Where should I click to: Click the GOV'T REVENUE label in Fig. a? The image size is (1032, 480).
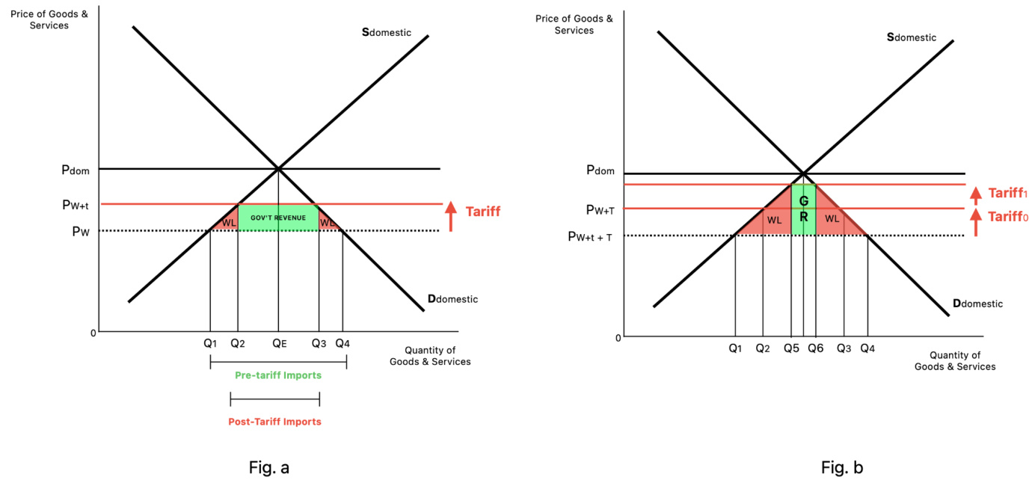(x=278, y=218)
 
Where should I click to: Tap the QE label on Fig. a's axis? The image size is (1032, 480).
(x=279, y=344)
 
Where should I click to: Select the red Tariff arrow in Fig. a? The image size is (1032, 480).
(x=451, y=216)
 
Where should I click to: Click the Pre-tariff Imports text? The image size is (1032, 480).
(x=278, y=375)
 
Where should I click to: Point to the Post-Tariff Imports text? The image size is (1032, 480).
(x=274, y=422)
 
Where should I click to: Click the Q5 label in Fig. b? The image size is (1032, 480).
(x=791, y=348)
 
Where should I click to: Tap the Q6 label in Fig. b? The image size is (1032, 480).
(x=815, y=348)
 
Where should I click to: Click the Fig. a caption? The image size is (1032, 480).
(x=269, y=468)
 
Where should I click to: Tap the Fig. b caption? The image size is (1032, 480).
(x=842, y=468)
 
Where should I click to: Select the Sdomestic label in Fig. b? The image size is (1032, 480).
(x=911, y=37)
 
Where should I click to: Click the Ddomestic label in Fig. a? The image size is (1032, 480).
(x=452, y=299)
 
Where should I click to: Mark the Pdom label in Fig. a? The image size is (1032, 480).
(x=75, y=170)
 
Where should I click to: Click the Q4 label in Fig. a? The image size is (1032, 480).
(x=343, y=344)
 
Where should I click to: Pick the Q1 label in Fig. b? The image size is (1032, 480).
(x=735, y=348)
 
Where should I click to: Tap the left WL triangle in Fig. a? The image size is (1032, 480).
(x=228, y=223)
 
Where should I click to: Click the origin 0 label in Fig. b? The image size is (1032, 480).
(x=618, y=338)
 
